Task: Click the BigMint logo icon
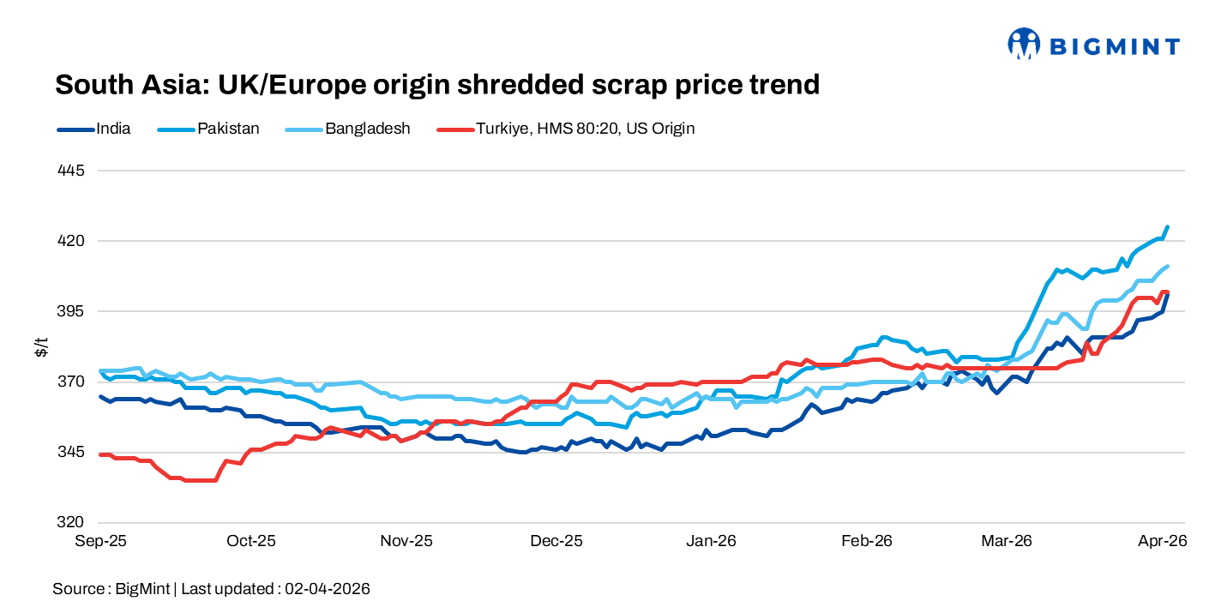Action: click(x=1024, y=45)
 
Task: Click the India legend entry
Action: click(x=94, y=129)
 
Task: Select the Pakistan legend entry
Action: click(x=209, y=129)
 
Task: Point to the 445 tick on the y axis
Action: click(x=73, y=171)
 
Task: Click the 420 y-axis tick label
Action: click(x=73, y=241)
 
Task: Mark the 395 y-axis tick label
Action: click(x=73, y=311)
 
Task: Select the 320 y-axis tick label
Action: click(x=73, y=522)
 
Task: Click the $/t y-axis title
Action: click(x=41, y=346)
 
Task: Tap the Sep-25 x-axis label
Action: click(x=101, y=541)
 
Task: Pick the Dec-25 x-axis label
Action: click(x=556, y=541)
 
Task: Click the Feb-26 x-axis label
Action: click(x=867, y=541)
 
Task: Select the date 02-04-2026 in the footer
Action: click(x=328, y=589)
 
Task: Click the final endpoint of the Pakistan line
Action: click(x=1168, y=227)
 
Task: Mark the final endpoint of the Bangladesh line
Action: click(x=1168, y=266)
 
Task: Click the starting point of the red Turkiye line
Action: click(x=101, y=454)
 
